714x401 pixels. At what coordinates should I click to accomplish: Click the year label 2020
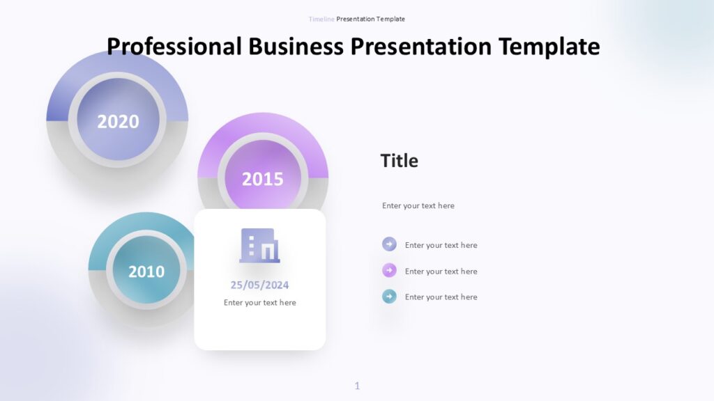point(118,121)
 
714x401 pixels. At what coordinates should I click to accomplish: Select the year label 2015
point(262,179)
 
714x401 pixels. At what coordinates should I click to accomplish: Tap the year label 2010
point(146,271)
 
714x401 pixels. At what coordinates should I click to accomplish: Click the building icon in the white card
point(259,246)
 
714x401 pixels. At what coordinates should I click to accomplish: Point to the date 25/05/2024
point(259,285)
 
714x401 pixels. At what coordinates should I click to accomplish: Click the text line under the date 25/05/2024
point(259,303)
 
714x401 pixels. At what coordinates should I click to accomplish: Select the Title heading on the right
point(399,161)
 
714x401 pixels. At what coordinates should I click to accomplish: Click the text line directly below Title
point(418,206)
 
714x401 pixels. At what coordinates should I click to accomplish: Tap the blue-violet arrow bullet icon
point(389,244)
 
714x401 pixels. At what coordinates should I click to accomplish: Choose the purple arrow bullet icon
point(389,271)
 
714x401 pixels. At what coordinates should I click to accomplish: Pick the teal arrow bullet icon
point(389,297)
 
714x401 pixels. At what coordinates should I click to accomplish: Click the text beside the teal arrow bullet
point(441,297)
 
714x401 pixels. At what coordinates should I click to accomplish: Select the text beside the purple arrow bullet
point(441,272)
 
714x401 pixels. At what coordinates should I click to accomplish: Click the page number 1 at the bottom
point(357,386)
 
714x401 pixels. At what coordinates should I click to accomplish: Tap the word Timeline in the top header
point(321,19)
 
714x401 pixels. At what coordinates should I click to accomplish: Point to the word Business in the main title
point(296,47)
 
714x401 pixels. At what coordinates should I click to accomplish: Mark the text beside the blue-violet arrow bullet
point(441,245)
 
